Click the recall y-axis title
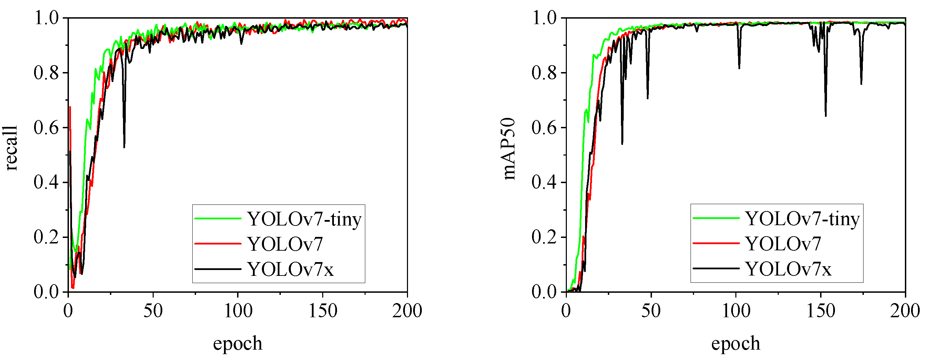click(11, 148)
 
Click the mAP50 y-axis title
click(509, 149)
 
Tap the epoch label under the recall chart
click(237, 343)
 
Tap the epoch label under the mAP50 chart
click(735, 343)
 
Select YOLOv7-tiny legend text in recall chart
click(304, 219)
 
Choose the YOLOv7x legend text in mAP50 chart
click(788, 269)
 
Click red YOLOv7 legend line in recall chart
click(217, 244)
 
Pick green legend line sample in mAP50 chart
click(716, 218)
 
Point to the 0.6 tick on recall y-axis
click(46, 128)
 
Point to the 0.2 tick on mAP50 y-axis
click(544, 237)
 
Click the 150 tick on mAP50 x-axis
click(820, 311)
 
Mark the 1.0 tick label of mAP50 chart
click(544, 18)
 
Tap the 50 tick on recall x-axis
click(153, 311)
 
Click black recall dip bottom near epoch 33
click(124, 147)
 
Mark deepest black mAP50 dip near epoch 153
click(826, 116)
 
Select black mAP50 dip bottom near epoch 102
click(739, 68)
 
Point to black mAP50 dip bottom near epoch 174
click(861, 84)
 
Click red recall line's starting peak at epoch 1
click(70, 107)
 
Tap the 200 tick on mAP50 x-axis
click(905, 311)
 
